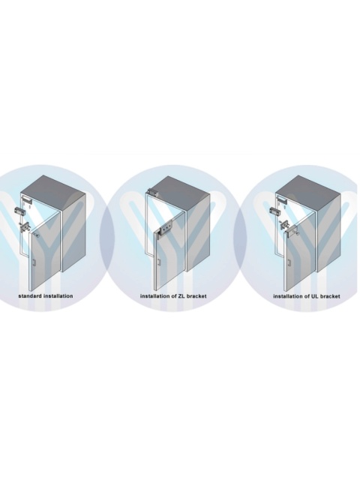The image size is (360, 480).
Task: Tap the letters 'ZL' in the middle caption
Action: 181,296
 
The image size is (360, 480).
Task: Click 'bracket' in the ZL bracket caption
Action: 196,296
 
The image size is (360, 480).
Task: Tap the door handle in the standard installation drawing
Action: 34,262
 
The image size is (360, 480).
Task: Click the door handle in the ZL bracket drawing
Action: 159,262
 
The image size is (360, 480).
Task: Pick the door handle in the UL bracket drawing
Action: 289,262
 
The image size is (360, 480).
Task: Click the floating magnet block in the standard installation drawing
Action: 18,211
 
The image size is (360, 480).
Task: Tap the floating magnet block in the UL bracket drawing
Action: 273,211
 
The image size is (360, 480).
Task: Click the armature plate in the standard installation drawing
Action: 25,226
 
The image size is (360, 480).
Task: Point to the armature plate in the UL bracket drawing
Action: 283,224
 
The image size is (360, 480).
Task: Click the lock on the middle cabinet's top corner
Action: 151,192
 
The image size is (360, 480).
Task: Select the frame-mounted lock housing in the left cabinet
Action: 26,201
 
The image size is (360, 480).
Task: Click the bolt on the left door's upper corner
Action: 37,235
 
